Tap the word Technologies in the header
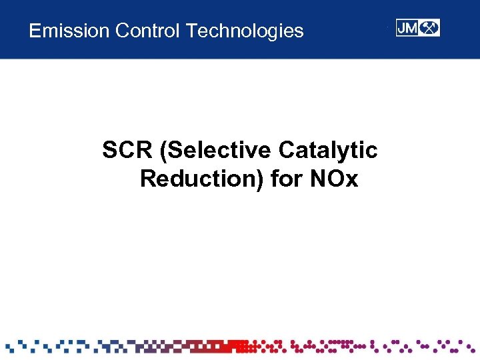[245, 31]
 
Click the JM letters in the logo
[407, 28]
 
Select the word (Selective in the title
[217, 151]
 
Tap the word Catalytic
[328, 151]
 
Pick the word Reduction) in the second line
[202, 179]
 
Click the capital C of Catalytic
[287, 151]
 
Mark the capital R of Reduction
[148, 179]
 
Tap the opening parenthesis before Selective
[163, 151]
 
